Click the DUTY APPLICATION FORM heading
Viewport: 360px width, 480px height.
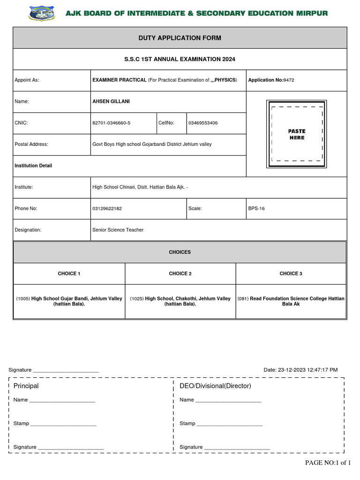point(180,38)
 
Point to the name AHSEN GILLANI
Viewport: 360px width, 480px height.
point(112,101)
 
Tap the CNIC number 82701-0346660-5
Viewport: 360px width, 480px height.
point(112,123)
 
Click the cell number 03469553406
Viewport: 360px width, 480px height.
point(203,123)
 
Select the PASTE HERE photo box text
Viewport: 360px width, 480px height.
point(296,135)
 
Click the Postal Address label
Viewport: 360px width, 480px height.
point(31,144)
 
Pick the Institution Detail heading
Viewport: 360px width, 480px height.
point(33,165)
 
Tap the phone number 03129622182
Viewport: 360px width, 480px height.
point(107,209)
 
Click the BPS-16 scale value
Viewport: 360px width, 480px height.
point(256,209)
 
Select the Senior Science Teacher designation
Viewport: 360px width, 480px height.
point(118,230)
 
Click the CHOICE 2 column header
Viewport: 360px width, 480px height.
point(180,273)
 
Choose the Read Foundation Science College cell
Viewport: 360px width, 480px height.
point(291,301)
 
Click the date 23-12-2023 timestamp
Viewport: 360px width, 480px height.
point(300,370)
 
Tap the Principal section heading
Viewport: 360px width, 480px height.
point(26,386)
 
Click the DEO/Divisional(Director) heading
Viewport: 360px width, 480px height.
point(215,386)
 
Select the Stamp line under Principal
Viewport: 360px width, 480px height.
point(54,423)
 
